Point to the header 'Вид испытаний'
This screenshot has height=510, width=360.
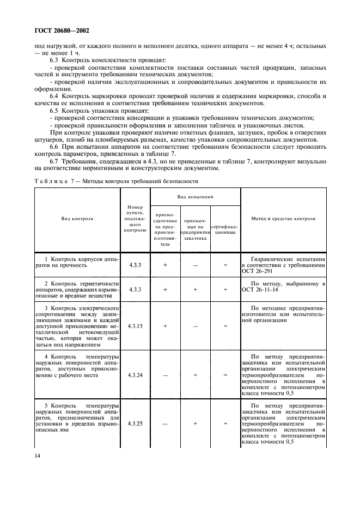coord(195,195)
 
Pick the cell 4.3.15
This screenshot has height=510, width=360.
coord(135,326)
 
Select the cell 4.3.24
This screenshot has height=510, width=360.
coord(135,375)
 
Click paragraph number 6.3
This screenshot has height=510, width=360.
coord(57,59)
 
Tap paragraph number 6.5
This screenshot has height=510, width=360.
coord(57,110)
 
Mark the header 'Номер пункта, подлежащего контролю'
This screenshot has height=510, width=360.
coord(135,218)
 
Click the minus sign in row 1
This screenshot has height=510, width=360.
coord(195,265)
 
